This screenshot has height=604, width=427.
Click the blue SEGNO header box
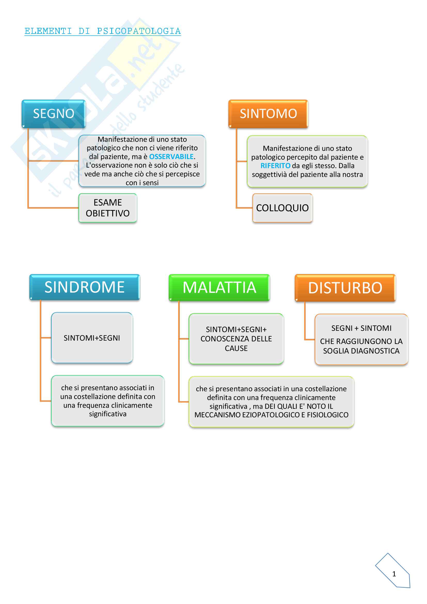(54, 114)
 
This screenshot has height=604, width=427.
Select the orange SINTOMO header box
(268, 114)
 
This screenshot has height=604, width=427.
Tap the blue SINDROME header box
(84, 287)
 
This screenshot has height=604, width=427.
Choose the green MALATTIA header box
(219, 287)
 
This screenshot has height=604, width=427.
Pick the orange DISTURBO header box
(345, 288)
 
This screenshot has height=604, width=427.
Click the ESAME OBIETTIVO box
(108, 208)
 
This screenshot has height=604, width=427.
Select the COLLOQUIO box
(282, 208)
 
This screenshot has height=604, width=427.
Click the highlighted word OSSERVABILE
(171, 157)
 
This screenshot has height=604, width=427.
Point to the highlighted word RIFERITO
(275, 166)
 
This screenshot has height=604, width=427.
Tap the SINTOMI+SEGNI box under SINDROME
(92, 338)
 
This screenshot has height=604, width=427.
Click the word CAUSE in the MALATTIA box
(236, 348)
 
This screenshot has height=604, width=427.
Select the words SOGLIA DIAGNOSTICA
(361, 351)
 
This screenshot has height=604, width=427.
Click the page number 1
(394, 574)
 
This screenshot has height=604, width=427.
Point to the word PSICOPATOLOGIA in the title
(139, 31)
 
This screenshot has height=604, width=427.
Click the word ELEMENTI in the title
(48, 31)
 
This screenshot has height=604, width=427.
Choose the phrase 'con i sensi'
(142, 183)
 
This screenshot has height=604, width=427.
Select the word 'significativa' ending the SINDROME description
(108, 414)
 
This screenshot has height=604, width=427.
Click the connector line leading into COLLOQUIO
(244, 208)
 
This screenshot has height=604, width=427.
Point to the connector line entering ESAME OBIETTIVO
(53, 208)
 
